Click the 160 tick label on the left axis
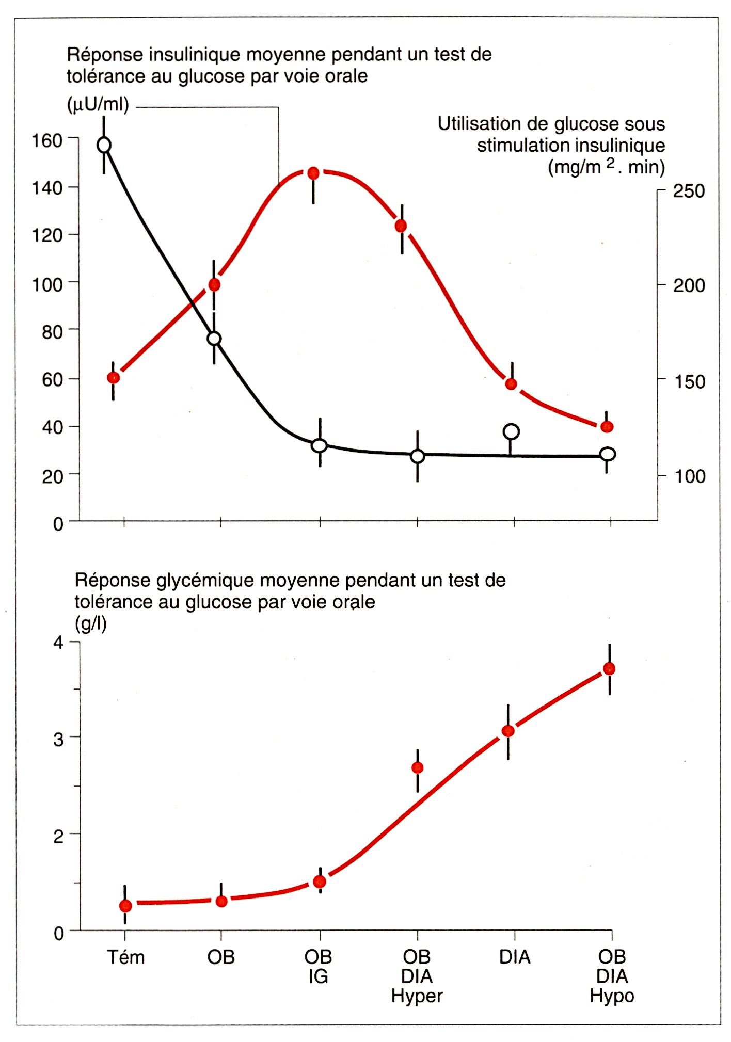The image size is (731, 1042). click(x=47, y=140)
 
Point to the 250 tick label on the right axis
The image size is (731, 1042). click(x=689, y=191)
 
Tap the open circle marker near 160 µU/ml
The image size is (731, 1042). click(x=104, y=145)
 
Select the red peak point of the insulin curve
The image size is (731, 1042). click(x=313, y=173)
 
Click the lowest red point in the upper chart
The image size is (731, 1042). click(x=607, y=427)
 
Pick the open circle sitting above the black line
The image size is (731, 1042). click(x=511, y=431)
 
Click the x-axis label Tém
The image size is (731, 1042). click(x=125, y=957)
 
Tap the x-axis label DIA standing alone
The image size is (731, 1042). click(x=515, y=957)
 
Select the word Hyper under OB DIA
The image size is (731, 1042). click(x=417, y=996)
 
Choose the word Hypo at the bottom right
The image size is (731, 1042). click(x=612, y=996)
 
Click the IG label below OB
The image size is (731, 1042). click(x=319, y=976)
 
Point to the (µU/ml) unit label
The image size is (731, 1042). click(x=98, y=105)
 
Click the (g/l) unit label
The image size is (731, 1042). click(x=91, y=624)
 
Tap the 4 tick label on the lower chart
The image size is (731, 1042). click(x=58, y=643)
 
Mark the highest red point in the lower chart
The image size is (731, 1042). click(x=609, y=669)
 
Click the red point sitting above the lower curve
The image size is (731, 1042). click(x=418, y=768)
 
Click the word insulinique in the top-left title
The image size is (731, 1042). click(x=190, y=55)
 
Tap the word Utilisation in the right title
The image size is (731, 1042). click(x=479, y=124)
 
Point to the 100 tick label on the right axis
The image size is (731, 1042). click(x=689, y=476)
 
